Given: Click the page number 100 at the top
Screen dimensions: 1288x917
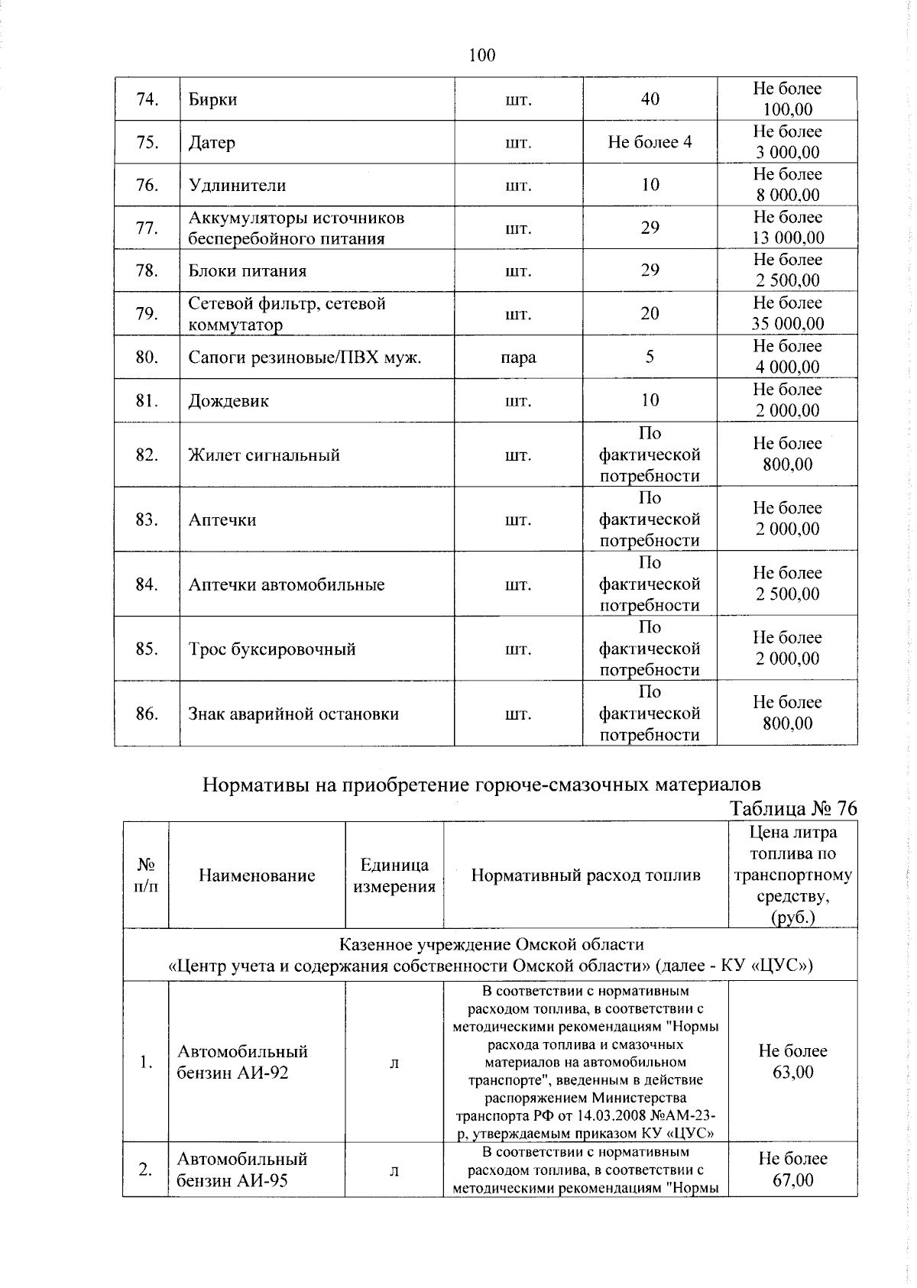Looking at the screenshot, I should [482, 55].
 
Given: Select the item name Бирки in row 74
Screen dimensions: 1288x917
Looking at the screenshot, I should [213, 99].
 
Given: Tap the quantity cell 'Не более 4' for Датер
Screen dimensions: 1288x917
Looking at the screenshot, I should [650, 142].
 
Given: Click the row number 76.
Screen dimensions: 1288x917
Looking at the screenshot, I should [147, 185].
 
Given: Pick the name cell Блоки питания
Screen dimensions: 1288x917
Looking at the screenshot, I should [248, 271].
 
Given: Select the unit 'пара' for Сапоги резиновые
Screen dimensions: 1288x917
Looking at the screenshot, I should [518, 358].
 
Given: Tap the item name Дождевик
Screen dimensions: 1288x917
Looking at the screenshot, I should [228, 401].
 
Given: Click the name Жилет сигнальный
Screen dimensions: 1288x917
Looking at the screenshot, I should [264, 455].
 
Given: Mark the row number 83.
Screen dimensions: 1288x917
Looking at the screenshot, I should [147, 520].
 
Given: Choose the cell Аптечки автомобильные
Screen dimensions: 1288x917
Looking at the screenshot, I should [287, 585].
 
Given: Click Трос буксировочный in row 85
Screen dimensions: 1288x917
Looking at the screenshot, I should [272, 650].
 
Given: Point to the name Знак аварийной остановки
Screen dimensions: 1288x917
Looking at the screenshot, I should [293, 715].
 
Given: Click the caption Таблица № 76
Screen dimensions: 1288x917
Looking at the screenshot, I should [793, 808].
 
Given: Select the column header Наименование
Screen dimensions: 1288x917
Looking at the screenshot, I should [257, 875].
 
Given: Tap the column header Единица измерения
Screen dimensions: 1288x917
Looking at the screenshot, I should [394, 875].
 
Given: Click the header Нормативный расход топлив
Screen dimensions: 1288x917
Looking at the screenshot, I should [585, 875].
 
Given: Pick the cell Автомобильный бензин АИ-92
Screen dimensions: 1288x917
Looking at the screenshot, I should [242, 1062].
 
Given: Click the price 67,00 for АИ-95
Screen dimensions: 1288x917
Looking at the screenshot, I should [793, 1180].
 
